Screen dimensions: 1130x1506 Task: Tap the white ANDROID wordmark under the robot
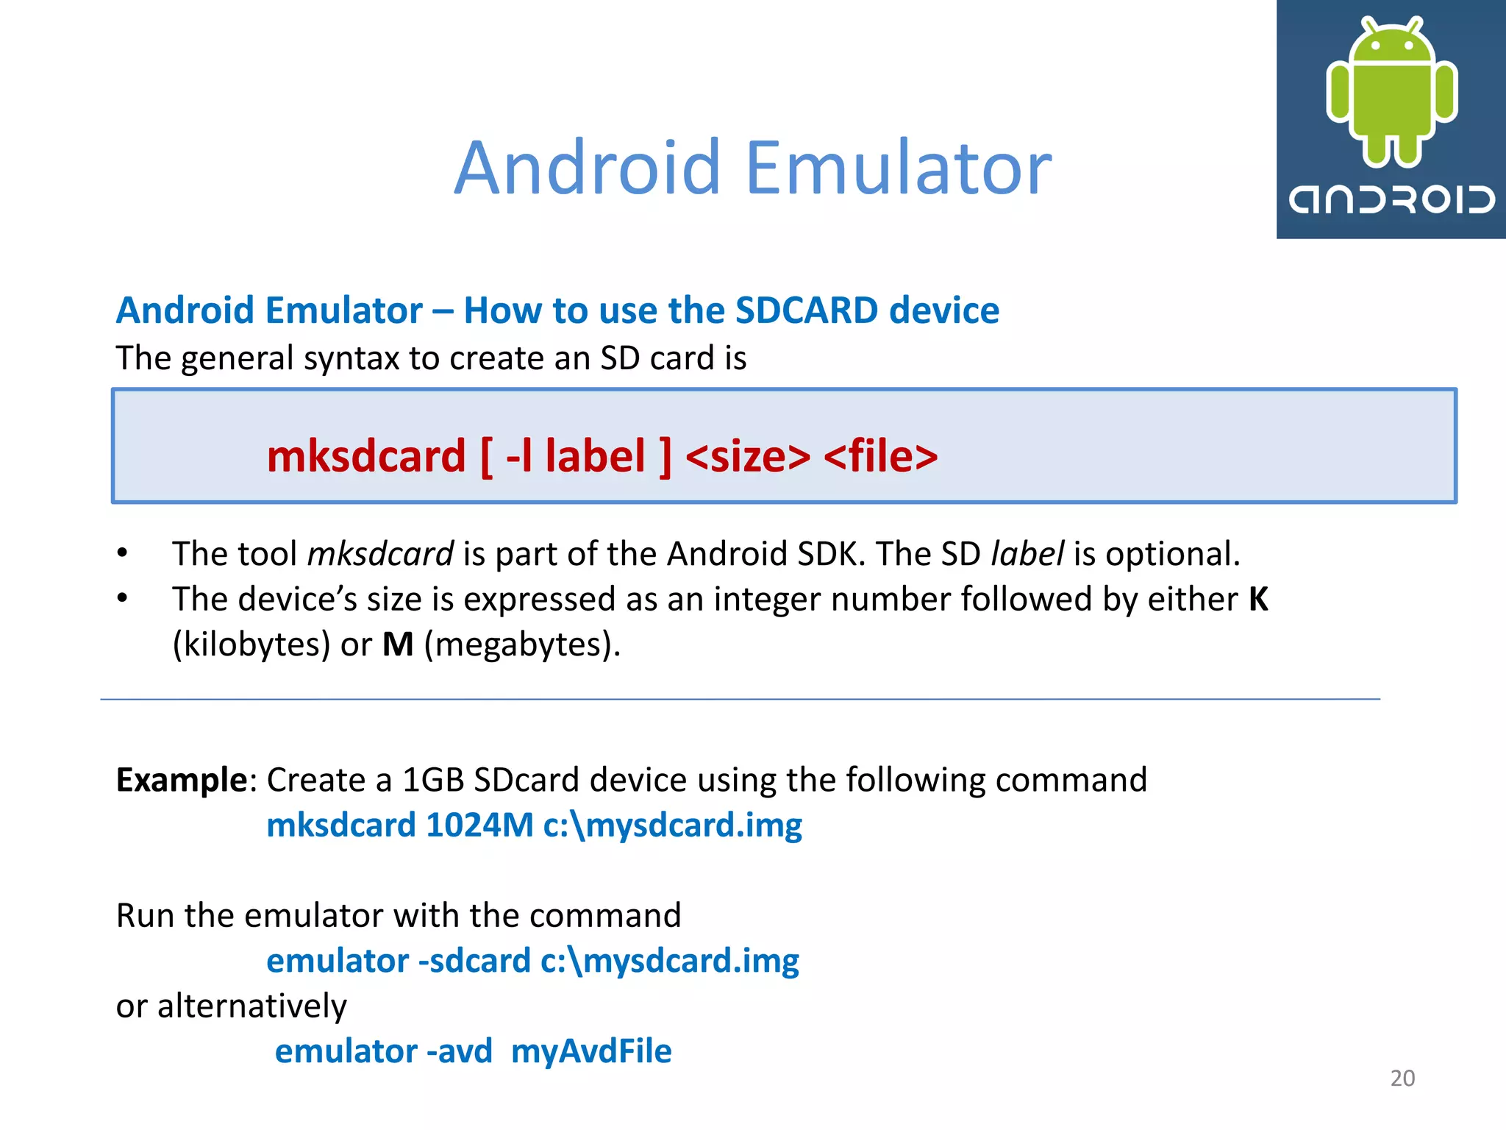[1391, 199]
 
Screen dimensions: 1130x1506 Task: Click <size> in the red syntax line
[748, 456]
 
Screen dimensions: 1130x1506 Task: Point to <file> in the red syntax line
[880, 456]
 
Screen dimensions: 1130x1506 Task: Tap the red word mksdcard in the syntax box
[366, 456]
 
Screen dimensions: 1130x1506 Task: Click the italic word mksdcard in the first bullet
[380, 554]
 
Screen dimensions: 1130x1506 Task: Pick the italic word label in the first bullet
[1027, 554]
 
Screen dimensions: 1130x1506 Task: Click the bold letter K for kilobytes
[1258, 600]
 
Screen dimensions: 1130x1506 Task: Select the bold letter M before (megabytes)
[398, 645]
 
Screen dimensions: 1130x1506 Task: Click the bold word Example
[182, 780]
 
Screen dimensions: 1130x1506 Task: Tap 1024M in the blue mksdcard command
[479, 825]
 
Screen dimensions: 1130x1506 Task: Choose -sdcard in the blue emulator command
[474, 962]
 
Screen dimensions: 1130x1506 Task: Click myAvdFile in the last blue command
[591, 1051]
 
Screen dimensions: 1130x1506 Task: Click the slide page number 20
[1402, 1079]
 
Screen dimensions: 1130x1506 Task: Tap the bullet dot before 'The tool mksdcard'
[123, 553]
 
